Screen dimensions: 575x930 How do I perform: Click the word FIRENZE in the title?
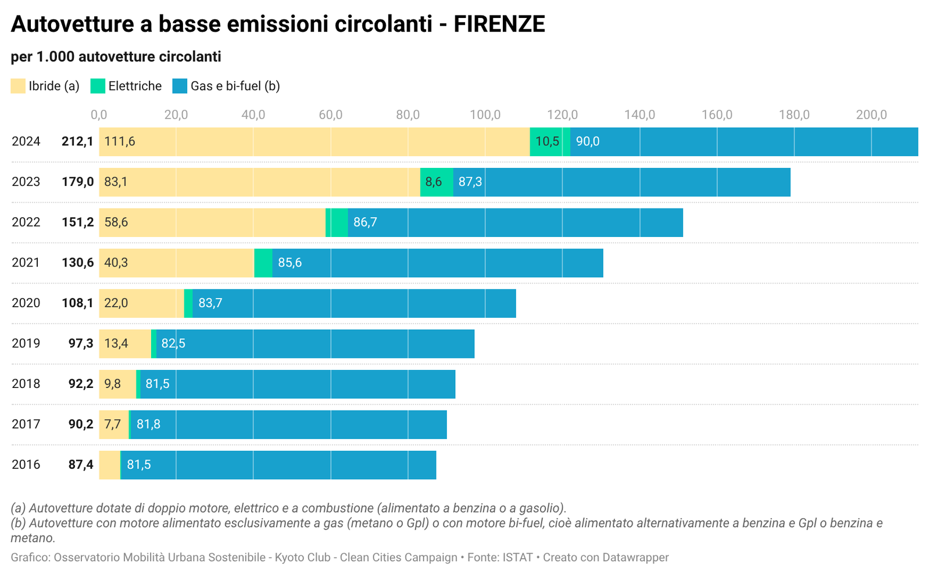point(499,24)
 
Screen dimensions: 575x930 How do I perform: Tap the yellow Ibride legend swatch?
point(18,86)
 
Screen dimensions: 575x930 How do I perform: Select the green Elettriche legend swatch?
point(98,86)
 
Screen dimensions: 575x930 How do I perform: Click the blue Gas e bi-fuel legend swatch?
point(180,86)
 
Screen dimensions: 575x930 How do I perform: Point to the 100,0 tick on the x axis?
point(485,114)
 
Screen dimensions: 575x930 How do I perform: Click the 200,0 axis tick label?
point(871,114)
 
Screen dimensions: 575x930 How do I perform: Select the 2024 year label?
point(26,141)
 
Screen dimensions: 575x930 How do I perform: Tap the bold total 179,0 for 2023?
point(78,182)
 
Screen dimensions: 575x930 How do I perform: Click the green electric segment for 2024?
point(550,141)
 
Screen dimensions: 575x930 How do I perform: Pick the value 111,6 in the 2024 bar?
point(120,141)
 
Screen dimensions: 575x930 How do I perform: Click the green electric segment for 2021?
point(263,263)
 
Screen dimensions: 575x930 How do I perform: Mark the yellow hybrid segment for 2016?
point(109,465)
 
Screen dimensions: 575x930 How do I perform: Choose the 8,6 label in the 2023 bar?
point(434,182)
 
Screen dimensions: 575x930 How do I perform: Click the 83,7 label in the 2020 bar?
point(210,303)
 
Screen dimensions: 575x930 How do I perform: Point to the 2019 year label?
point(26,343)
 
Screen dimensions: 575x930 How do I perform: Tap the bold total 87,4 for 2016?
point(81,465)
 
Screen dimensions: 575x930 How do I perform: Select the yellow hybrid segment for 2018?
point(117,384)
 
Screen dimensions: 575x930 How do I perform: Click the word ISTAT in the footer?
point(517,558)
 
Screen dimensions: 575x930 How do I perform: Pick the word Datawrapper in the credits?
point(635,558)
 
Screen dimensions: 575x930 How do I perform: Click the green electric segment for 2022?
point(337,222)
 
